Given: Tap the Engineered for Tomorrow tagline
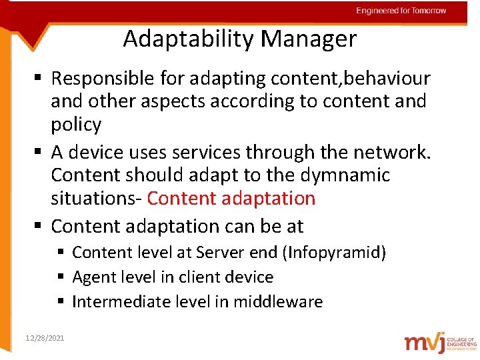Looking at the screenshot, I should (x=401, y=11).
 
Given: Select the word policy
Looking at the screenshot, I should (x=76, y=125).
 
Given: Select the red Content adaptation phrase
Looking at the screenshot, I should (x=231, y=199).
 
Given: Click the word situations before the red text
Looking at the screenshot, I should (x=96, y=199).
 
